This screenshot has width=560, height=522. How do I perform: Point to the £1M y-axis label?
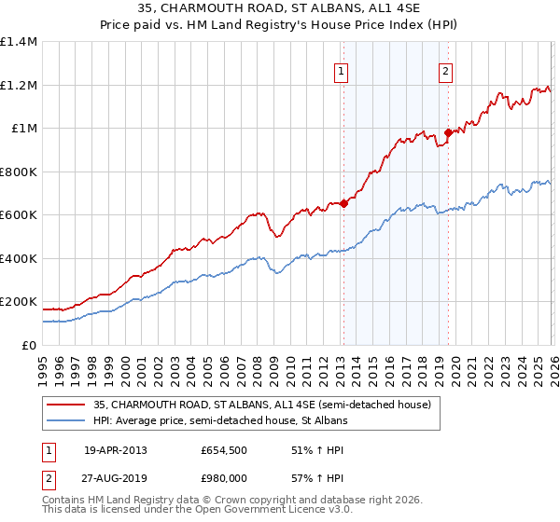click(24, 129)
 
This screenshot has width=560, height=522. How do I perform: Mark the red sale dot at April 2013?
click(343, 203)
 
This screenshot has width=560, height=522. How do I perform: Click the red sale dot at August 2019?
click(448, 132)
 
